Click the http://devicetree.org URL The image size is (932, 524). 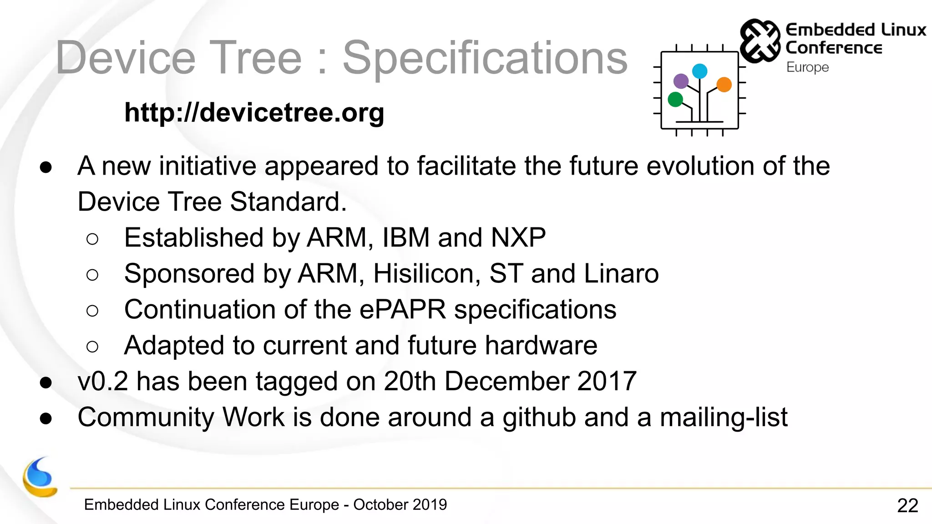coord(254,112)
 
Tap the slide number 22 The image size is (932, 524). coord(907,505)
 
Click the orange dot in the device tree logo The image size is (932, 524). coord(724,85)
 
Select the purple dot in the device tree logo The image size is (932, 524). coord(681,81)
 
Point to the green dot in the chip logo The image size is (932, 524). coord(675,99)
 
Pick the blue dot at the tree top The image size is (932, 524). coord(699,71)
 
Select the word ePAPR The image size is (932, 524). coord(403,310)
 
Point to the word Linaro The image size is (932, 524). coord(621,274)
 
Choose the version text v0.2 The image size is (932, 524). coord(103,381)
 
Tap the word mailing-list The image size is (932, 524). coord(724,418)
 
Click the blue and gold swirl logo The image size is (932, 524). coord(40,478)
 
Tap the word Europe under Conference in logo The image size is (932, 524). coord(807,67)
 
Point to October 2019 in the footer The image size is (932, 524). coord(400,505)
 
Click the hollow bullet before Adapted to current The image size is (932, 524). coord(92,347)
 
